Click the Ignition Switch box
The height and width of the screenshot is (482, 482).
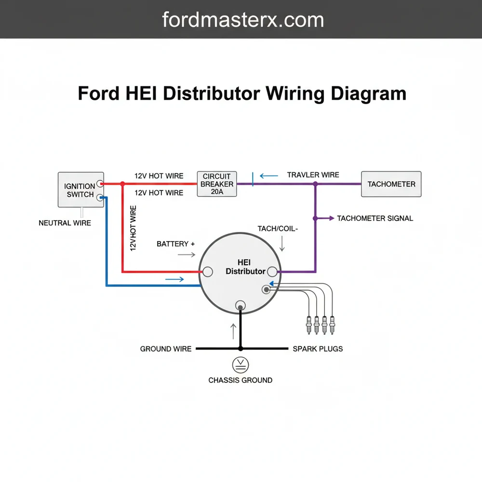pyautogui.click(x=80, y=190)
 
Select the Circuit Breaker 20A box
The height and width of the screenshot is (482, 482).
pyautogui.click(x=217, y=184)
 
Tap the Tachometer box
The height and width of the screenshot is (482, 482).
pyautogui.click(x=391, y=184)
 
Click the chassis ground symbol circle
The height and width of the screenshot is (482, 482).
pyautogui.click(x=240, y=364)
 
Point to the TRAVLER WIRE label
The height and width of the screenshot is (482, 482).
pyautogui.click(x=313, y=174)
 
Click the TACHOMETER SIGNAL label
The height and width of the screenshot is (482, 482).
pyautogui.click(x=375, y=218)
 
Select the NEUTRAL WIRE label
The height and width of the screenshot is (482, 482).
pyautogui.click(x=65, y=223)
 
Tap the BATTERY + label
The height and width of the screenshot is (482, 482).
pyautogui.click(x=175, y=244)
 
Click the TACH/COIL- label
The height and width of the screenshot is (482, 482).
pyautogui.click(x=278, y=229)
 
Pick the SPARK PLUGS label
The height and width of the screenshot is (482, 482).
pyautogui.click(x=318, y=348)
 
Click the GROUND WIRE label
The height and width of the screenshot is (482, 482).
pyautogui.click(x=165, y=348)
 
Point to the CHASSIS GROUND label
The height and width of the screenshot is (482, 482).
pyautogui.click(x=240, y=380)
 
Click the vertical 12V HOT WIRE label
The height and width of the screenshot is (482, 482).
pyautogui.click(x=133, y=228)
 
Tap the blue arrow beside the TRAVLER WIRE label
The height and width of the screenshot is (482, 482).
pyautogui.click(x=269, y=176)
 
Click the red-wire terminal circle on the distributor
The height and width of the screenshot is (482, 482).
pyautogui.click(x=207, y=272)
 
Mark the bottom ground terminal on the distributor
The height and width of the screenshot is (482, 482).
pyautogui.click(x=240, y=305)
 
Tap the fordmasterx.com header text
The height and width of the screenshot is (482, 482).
pyautogui.click(x=243, y=20)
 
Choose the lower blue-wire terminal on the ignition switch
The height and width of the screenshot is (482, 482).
pyautogui.click(x=100, y=197)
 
